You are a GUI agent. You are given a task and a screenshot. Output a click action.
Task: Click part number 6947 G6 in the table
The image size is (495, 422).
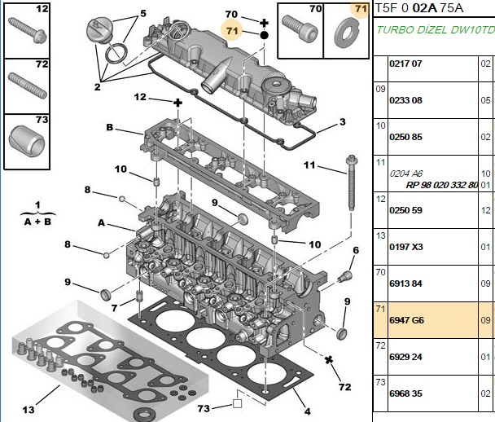406,320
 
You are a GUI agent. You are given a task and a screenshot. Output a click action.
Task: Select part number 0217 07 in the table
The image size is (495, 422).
405,64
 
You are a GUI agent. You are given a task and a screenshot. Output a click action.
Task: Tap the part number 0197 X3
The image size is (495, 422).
406,247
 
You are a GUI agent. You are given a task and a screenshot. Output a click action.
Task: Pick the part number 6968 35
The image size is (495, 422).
405,393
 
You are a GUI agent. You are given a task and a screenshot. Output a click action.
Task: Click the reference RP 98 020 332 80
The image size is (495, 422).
442,185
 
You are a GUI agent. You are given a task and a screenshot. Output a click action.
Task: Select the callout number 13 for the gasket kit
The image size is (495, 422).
28,410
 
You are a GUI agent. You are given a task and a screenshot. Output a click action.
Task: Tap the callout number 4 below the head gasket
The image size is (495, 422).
308,411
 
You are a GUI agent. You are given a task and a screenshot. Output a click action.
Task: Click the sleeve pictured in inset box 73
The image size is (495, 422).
27,141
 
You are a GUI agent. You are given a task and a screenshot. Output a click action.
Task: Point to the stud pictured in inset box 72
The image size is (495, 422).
28,86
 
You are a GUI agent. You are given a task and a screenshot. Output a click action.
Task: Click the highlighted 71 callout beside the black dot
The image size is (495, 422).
232,31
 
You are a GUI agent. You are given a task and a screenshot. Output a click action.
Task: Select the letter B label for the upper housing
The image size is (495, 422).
110,127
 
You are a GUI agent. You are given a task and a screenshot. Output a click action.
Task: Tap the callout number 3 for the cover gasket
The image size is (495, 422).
343,122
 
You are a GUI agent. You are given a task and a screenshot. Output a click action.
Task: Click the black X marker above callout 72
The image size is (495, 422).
329,359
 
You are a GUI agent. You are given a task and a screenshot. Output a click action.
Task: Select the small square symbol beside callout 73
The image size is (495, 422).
237,404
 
